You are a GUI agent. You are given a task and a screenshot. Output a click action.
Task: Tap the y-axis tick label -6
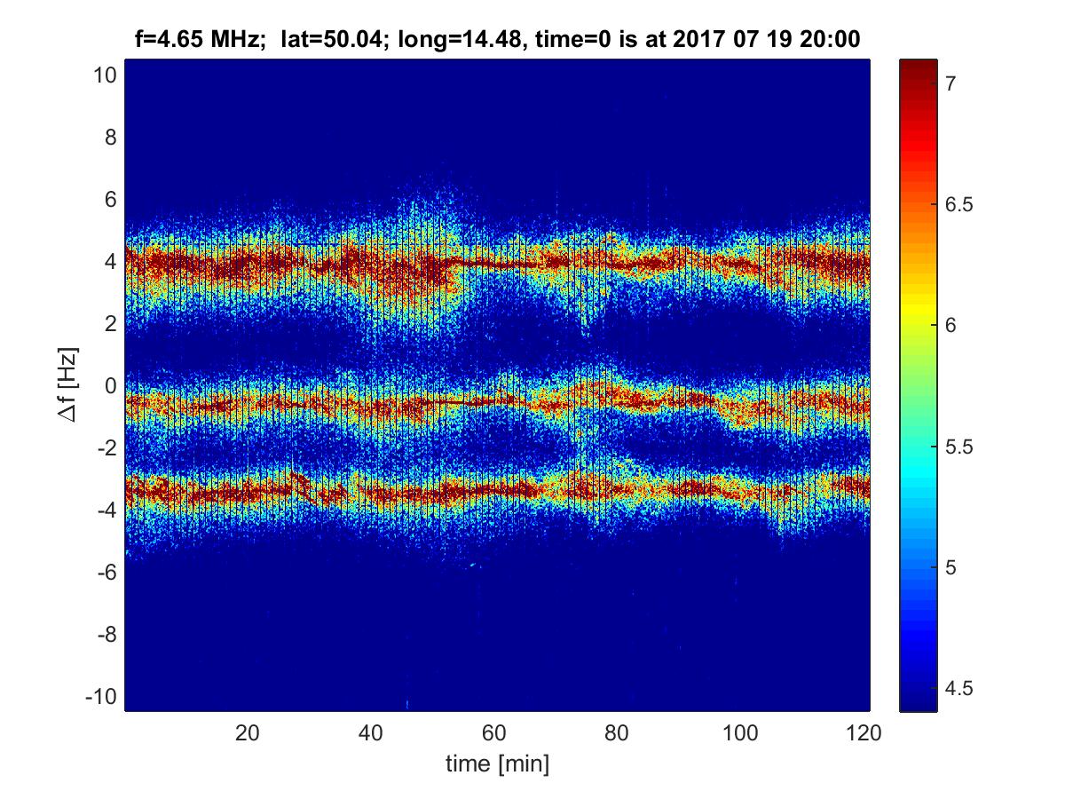click(x=104, y=572)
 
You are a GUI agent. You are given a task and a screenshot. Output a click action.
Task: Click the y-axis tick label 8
click(x=108, y=138)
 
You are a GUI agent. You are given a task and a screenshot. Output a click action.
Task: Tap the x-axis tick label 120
click(x=864, y=733)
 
